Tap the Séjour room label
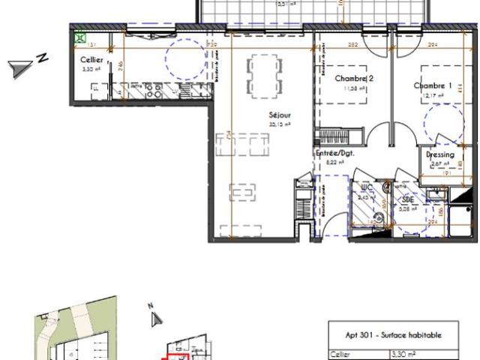point(280,115)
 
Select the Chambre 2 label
point(353,79)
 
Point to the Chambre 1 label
point(434,85)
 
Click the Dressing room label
point(439,154)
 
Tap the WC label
point(367,188)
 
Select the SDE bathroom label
point(408,200)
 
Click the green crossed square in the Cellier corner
point(79,36)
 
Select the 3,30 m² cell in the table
point(408,357)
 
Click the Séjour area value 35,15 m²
point(280,124)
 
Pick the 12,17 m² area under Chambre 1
point(434,95)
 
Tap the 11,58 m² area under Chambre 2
point(355,88)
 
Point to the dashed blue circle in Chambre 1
point(443,121)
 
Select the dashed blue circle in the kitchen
point(184,58)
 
